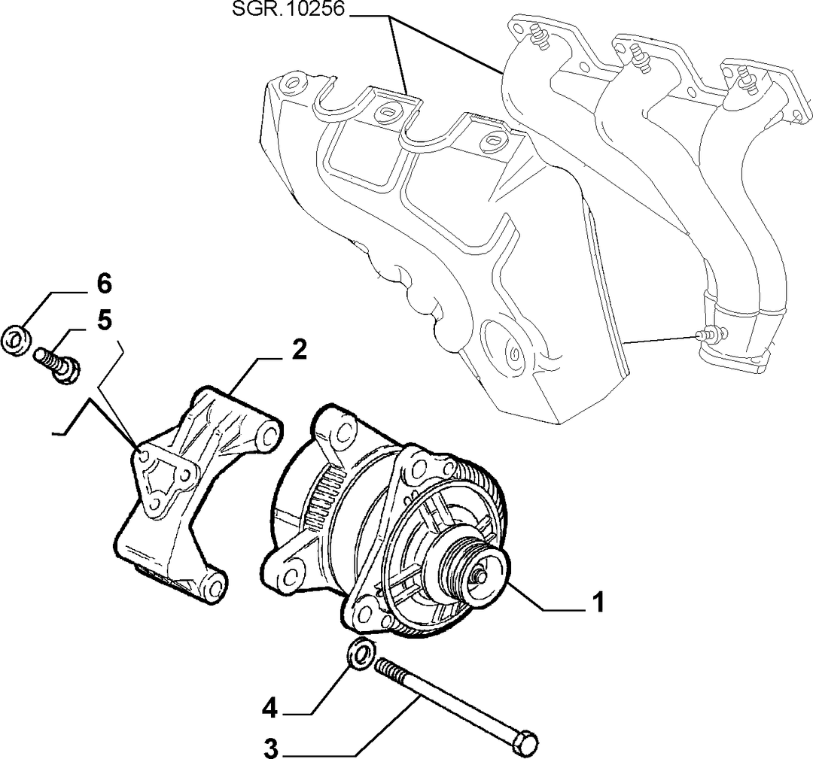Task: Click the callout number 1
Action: [x=598, y=603]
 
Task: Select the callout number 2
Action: [x=299, y=351]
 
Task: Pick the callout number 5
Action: [x=104, y=320]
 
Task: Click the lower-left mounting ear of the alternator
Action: [x=288, y=574]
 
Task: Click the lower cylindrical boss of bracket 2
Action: [x=213, y=587]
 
